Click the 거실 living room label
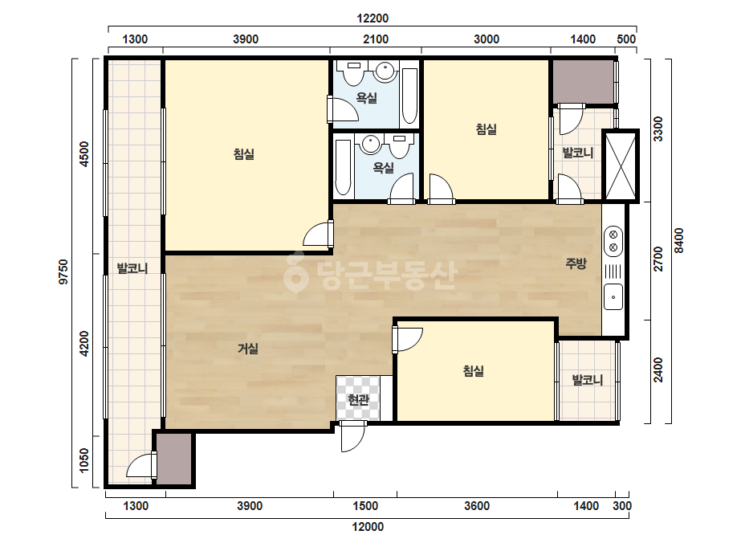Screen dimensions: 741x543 247,349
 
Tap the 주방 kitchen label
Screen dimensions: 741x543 576,263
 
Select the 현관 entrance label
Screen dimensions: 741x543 358,400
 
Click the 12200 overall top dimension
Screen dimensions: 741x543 373,18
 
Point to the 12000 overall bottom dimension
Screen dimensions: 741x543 368,527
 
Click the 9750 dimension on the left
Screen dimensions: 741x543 63,272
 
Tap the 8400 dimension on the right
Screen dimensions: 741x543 678,240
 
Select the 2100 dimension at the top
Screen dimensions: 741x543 376,39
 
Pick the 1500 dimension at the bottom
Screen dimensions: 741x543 365,506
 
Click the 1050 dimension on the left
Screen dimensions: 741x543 84,460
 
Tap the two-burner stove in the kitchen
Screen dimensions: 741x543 613,241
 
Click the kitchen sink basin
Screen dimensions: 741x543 613,297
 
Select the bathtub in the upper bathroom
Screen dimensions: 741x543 409,96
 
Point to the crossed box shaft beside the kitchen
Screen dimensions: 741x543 621,165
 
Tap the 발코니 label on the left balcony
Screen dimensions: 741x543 132,268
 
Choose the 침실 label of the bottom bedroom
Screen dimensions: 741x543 473,371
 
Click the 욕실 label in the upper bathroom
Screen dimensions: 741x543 366,98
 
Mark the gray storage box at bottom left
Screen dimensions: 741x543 174,459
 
